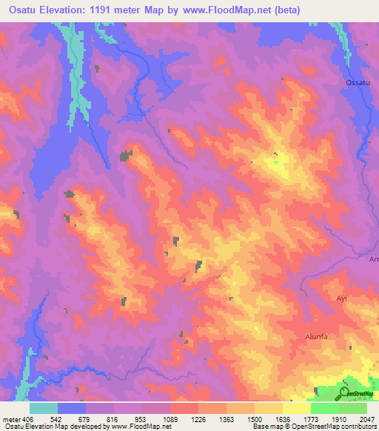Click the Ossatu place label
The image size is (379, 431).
(x=358, y=82)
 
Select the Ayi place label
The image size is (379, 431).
(x=341, y=298)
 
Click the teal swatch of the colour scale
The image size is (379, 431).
(x=44, y=407)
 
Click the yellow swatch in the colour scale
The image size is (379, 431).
(x=269, y=407)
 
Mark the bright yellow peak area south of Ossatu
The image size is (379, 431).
(x=278, y=167)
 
